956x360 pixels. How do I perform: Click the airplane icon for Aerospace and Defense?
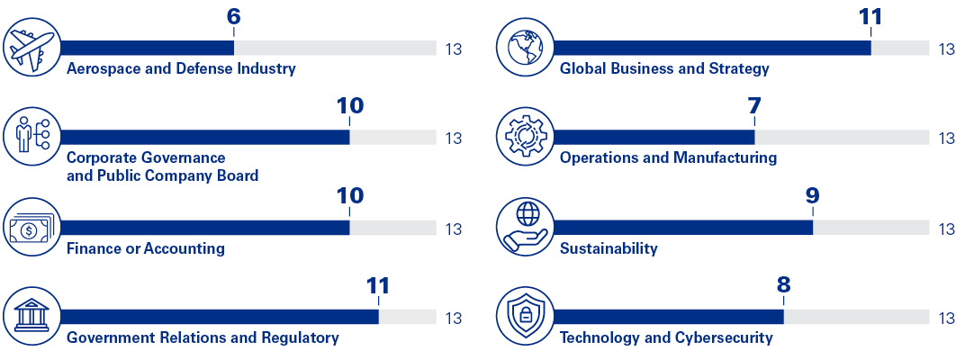32,48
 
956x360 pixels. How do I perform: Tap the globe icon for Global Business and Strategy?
525,48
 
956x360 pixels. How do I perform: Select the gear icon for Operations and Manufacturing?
525,138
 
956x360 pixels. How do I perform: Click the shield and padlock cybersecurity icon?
525,317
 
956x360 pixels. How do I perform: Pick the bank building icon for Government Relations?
32,317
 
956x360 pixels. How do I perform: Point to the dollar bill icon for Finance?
32,228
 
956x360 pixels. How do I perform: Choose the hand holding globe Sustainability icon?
525,228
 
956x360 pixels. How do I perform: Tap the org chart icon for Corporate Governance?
32,138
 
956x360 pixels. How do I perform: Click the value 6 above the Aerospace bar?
234,17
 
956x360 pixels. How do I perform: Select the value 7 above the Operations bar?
753,106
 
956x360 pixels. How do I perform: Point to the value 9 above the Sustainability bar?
812,196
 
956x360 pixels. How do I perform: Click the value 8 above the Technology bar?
783,286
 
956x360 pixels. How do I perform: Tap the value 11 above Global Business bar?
870,17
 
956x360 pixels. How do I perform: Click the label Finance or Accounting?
146,248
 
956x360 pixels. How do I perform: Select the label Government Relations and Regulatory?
203,338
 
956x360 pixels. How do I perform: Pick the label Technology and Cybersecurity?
666,338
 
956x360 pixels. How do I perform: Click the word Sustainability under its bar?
609,248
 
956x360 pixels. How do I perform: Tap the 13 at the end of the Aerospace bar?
453,49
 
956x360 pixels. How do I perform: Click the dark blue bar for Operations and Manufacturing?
654,138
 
